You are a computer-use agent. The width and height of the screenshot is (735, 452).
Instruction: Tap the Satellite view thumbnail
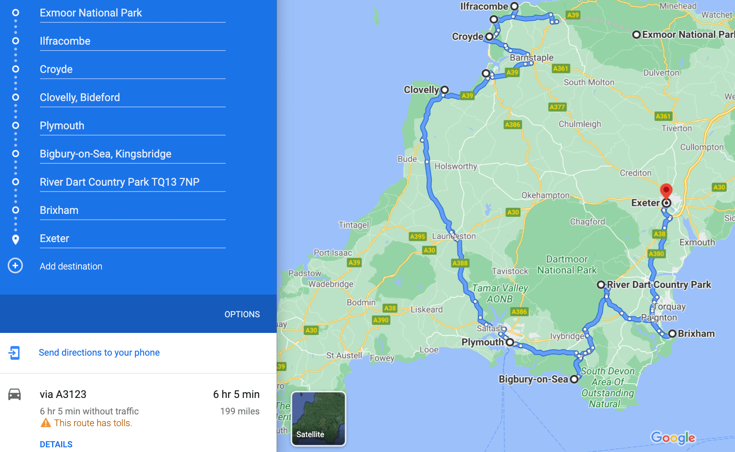tap(318, 419)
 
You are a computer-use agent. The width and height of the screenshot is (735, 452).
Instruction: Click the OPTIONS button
tap(242, 314)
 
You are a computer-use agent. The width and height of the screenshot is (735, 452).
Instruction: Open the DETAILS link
tap(56, 444)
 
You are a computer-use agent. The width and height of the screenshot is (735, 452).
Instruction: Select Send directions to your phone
tap(99, 353)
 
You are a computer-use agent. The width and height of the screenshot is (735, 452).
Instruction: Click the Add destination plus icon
tap(15, 266)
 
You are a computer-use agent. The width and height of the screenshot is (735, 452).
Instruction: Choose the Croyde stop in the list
tap(56, 69)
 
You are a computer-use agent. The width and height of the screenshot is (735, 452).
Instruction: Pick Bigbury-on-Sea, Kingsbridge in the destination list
tap(105, 154)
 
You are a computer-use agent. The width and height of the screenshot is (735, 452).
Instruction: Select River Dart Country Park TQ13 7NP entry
tap(119, 182)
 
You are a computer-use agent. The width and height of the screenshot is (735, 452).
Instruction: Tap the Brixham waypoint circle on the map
tap(672, 334)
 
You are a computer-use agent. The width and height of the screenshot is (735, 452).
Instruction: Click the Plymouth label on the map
tap(482, 342)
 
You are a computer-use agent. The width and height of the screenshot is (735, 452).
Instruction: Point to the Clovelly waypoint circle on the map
tap(444, 90)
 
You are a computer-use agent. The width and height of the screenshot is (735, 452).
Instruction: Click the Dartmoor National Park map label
tap(567, 265)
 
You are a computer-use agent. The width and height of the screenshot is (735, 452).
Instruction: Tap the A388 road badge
tap(460, 263)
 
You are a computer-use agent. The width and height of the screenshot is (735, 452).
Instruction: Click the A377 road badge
tap(557, 107)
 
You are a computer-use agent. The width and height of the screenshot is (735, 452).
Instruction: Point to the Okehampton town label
tap(545, 195)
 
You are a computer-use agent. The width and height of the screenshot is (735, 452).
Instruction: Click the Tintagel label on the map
tap(353, 225)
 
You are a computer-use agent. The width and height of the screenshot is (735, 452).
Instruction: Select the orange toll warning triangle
tap(46, 423)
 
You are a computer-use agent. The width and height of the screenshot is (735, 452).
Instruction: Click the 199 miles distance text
tap(240, 411)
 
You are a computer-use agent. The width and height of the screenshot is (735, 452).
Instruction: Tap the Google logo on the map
tap(673, 438)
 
